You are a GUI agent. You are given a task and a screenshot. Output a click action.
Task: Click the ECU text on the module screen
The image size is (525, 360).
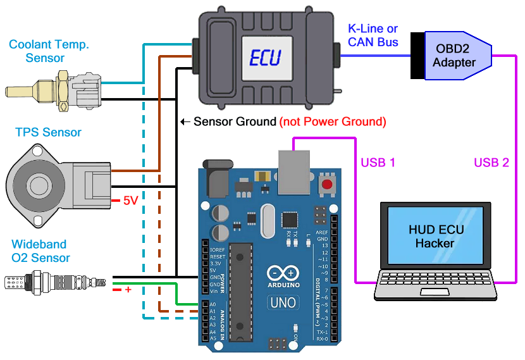[x=266, y=58]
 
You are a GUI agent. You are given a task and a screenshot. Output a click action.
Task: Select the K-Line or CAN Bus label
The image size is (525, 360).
[x=373, y=35]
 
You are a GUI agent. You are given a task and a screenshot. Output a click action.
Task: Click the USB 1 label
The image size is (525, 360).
[x=378, y=162]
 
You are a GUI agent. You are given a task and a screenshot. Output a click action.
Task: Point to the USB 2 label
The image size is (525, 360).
[x=491, y=162]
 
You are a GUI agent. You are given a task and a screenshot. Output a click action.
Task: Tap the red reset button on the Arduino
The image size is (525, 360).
[x=327, y=185]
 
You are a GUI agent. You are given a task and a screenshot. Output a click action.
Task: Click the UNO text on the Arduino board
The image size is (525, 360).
[x=283, y=302]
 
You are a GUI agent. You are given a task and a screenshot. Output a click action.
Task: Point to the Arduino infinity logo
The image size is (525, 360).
[x=283, y=273]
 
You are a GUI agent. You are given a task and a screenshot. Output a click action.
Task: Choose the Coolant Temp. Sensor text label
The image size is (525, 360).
[x=49, y=51]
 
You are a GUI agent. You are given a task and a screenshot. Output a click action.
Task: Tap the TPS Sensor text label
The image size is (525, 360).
[x=48, y=133]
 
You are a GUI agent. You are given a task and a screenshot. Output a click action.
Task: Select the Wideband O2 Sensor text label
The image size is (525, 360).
[x=39, y=251]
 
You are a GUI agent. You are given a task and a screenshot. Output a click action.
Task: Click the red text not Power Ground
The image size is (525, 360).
[x=332, y=121]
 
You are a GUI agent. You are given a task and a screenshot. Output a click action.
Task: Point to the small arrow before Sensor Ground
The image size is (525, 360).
[x=185, y=121]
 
